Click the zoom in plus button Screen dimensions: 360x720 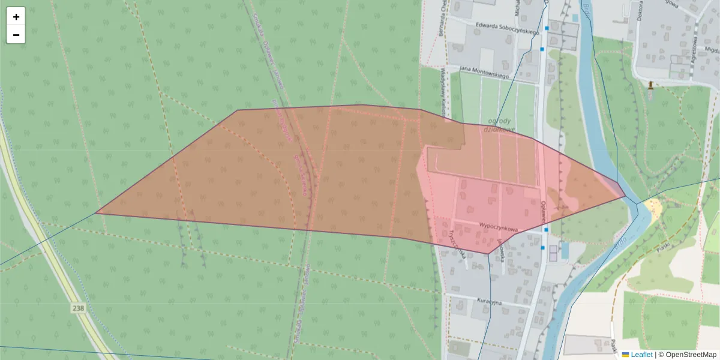[x=16, y=17]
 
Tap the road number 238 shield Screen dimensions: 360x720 [x=78, y=308]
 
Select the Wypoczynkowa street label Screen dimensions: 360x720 [x=498, y=226]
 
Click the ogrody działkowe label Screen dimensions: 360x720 [x=499, y=124]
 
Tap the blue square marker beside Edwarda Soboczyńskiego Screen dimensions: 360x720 [x=547, y=28]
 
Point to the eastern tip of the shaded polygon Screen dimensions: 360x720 [x=626, y=196]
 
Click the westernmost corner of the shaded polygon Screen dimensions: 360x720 [x=96, y=213]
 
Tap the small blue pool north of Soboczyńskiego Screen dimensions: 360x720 [x=575, y=19]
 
